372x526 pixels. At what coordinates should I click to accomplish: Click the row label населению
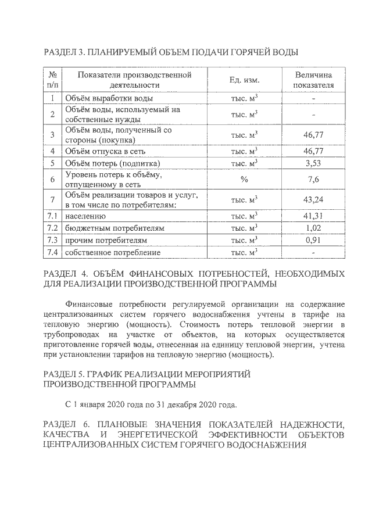pyautogui.click(x=86, y=216)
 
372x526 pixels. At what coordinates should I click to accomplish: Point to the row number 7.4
pyautogui.click(x=52, y=253)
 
